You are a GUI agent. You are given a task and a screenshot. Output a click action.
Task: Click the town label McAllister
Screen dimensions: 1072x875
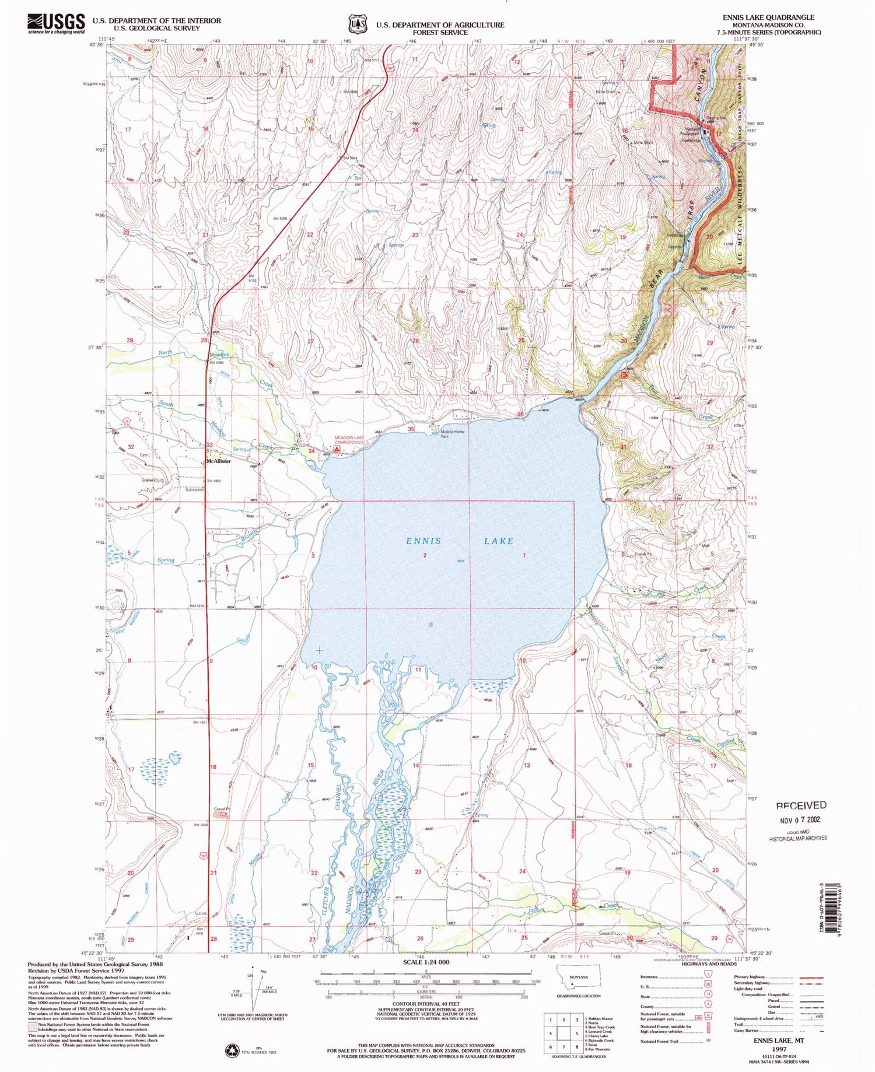click(218, 461)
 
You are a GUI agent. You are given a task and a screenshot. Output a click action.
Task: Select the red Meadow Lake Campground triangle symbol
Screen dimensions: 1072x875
click(337, 450)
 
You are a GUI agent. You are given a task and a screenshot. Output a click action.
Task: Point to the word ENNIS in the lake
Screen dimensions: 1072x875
click(423, 541)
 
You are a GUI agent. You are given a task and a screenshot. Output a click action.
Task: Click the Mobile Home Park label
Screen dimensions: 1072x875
click(452, 434)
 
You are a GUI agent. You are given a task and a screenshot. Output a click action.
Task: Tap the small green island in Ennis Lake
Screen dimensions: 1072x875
click(431, 625)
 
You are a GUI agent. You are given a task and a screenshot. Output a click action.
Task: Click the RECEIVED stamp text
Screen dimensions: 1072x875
click(801, 805)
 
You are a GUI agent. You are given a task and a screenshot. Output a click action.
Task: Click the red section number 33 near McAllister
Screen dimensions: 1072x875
click(209, 445)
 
